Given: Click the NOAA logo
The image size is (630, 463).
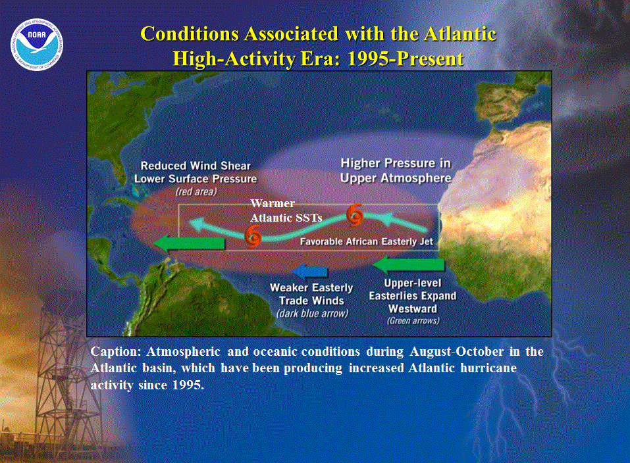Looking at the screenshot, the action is (x=37, y=45).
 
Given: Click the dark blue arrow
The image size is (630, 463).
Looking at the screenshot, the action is (x=309, y=271).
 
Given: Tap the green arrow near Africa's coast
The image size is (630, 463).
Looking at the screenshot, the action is (x=408, y=264).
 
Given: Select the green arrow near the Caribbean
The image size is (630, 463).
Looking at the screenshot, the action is (x=189, y=243).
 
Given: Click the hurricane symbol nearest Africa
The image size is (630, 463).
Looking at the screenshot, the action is (x=355, y=215).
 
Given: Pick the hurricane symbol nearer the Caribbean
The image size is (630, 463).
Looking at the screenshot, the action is (x=253, y=237).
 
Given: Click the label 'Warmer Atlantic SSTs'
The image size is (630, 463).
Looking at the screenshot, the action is (x=286, y=210).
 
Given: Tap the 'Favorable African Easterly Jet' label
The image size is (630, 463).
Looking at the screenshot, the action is (x=367, y=241).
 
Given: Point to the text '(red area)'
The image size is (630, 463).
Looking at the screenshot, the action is (x=196, y=191).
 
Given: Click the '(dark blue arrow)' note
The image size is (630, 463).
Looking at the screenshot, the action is (x=312, y=313).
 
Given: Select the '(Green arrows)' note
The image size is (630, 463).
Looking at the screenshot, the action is (x=413, y=320).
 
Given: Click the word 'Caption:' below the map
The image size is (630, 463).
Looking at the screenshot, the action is (x=116, y=352).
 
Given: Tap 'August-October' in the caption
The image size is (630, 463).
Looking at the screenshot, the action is (x=456, y=351).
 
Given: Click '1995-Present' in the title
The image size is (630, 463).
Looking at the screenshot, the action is (x=406, y=59).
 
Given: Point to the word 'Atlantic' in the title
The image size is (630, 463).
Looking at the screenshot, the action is (x=459, y=34).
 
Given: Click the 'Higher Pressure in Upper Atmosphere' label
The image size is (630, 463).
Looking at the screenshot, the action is (x=396, y=170).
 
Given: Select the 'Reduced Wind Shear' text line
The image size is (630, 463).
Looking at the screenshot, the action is (x=196, y=166).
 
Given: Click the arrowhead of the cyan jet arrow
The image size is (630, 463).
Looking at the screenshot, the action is (x=197, y=224).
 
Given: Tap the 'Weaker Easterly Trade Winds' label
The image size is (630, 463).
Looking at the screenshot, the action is (x=311, y=294).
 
